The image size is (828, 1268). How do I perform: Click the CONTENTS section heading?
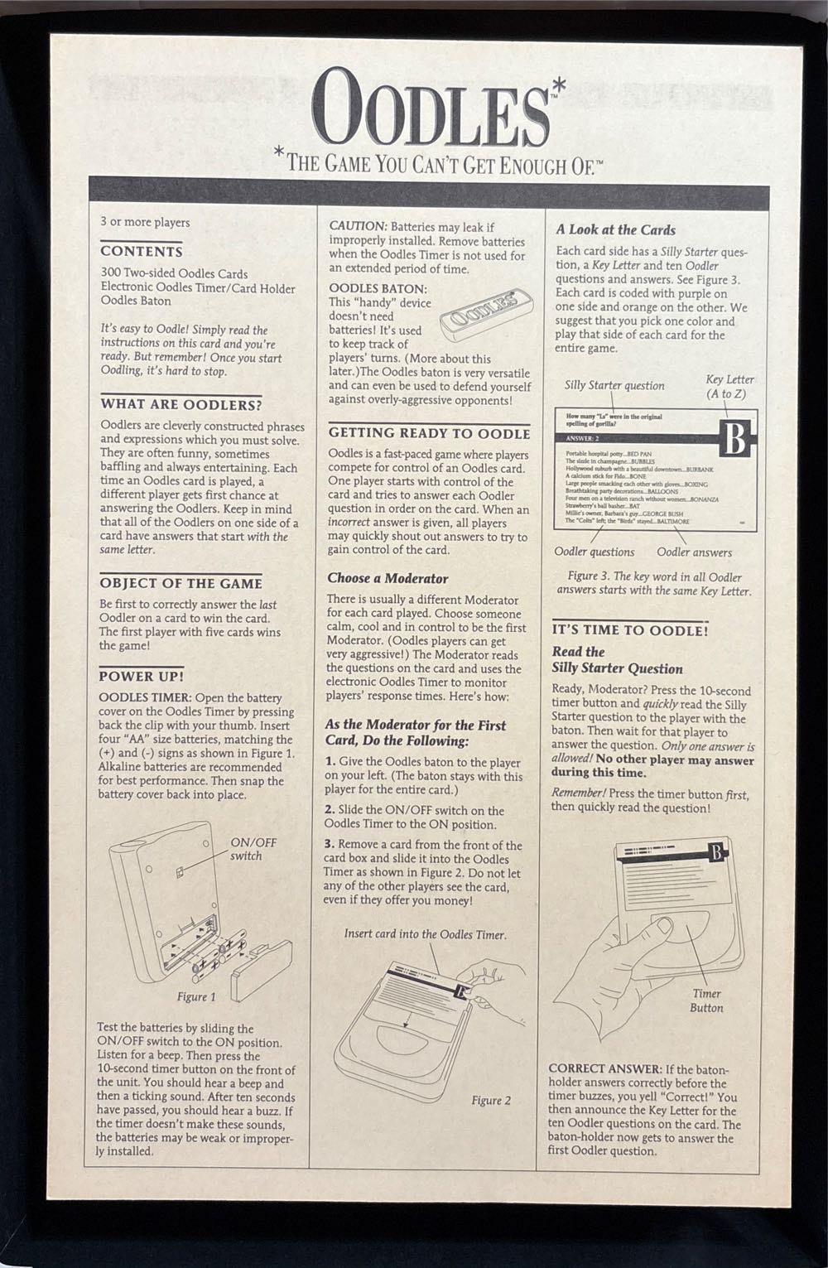click(x=142, y=251)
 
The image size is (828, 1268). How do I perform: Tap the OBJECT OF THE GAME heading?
click(x=181, y=583)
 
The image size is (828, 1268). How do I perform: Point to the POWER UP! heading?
click(x=141, y=676)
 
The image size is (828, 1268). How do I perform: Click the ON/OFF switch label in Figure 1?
click(x=253, y=849)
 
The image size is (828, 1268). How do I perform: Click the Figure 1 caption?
click(x=196, y=997)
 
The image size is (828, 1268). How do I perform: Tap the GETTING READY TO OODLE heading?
click(x=428, y=433)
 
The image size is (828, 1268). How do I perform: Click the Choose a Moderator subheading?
click(x=388, y=578)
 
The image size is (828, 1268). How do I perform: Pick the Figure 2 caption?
click(x=491, y=1101)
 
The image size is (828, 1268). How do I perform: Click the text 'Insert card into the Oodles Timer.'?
click(x=425, y=934)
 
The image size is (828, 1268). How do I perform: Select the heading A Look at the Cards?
click(x=615, y=230)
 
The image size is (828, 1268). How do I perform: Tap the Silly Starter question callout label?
click(x=614, y=385)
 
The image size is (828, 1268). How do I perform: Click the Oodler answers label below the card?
click(x=694, y=552)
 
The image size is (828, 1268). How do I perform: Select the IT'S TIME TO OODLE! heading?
click(x=629, y=630)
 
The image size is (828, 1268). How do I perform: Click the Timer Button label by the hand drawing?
click(x=706, y=1000)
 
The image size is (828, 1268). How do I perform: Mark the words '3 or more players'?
click(x=145, y=222)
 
